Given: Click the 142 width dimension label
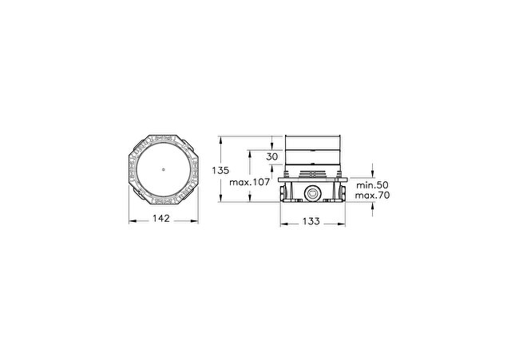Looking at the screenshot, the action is [161, 218].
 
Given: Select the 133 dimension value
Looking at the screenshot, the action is [311, 221].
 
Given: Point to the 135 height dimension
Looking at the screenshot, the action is [220, 170].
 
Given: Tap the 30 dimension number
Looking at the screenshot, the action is [271, 156].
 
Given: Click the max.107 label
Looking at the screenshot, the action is [250, 182].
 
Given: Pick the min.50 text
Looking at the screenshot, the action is [372, 185].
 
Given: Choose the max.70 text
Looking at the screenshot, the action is [372, 196].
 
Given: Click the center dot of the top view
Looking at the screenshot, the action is [163, 169].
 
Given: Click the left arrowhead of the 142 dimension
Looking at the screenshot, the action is [132, 221].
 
